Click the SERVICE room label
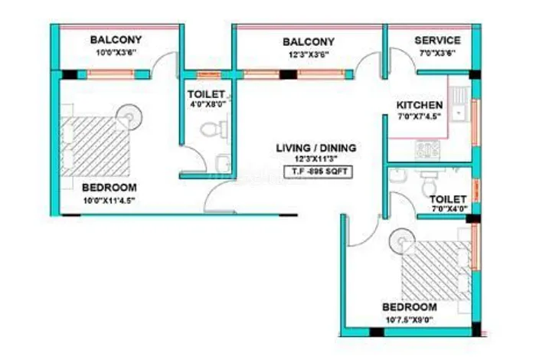coord(437,40)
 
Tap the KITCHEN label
coord(419,105)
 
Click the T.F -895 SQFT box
coord(317,172)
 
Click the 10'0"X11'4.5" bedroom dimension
coord(109,201)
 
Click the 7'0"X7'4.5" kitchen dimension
coord(420,117)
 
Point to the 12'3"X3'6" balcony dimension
coord(309,54)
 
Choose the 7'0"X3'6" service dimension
coord(437,53)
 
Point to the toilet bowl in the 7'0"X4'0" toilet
coord(429,183)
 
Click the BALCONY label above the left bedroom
coord(116,40)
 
